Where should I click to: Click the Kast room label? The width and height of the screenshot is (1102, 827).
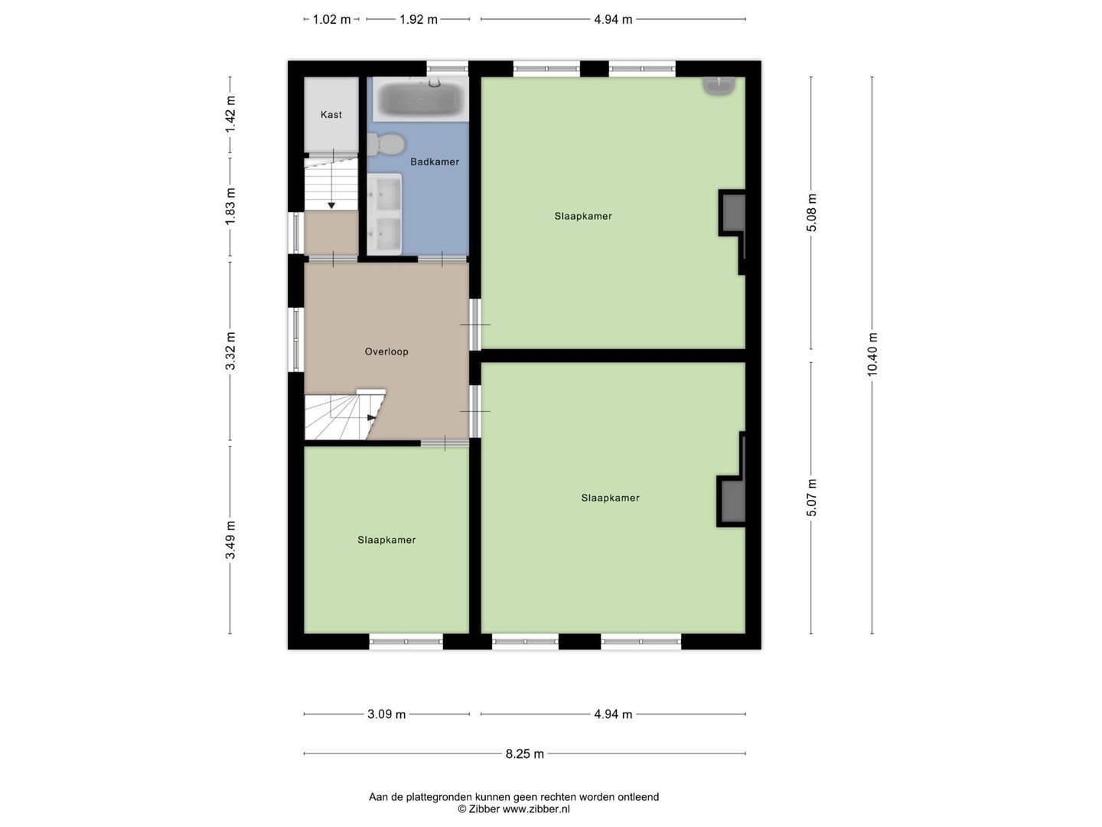[x=331, y=115]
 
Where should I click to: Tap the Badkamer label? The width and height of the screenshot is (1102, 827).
[x=435, y=162]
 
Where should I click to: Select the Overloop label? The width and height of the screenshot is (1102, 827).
[x=386, y=351]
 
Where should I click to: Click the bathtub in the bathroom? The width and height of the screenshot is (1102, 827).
[x=420, y=99]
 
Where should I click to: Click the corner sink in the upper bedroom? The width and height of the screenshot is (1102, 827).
[x=719, y=85]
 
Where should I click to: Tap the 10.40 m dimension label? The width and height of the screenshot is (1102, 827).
[x=872, y=355]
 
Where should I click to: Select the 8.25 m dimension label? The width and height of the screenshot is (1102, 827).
[x=524, y=753]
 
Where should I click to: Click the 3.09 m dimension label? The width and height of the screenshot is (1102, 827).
[x=386, y=714]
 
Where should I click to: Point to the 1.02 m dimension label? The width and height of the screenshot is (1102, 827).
[x=331, y=19]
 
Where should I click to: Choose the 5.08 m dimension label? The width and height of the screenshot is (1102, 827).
[x=811, y=212]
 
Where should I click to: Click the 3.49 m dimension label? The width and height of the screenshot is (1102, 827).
[x=230, y=540]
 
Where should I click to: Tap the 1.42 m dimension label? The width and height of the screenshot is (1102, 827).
[x=230, y=115]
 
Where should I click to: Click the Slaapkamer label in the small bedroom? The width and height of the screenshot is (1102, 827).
[x=386, y=540]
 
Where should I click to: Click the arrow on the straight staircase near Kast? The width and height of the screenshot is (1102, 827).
[x=331, y=204]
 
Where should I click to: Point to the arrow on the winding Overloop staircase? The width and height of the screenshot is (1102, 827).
[x=371, y=417]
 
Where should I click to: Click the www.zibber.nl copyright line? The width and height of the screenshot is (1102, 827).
[x=514, y=809]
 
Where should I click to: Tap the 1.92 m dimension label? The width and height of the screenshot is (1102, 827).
[x=418, y=19]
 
